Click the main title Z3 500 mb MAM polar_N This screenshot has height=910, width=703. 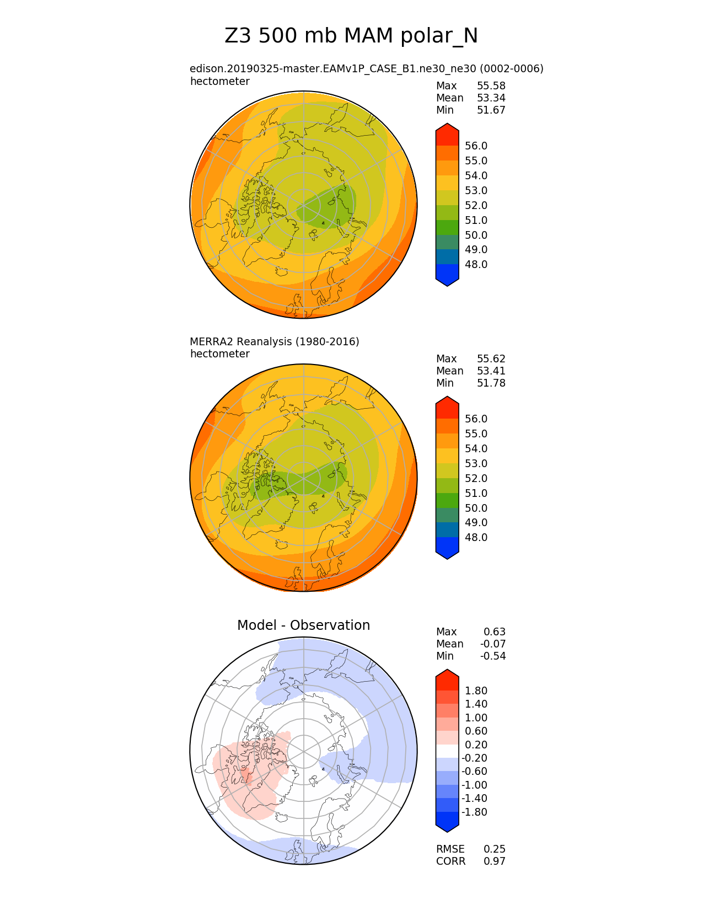[x=351, y=36]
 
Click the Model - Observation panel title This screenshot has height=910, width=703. [x=303, y=625]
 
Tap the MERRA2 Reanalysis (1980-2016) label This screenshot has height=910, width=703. [x=274, y=342]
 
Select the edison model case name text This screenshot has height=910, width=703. [x=366, y=69]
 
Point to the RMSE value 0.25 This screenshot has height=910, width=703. [x=494, y=849]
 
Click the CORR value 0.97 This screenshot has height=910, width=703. [x=494, y=861]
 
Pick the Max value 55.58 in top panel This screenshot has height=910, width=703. [x=491, y=86]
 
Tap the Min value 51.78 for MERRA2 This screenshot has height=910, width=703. [x=491, y=383]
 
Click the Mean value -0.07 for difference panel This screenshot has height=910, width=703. [x=492, y=644]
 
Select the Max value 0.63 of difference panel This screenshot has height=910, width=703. [x=494, y=632]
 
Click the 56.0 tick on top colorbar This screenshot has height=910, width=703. [x=476, y=146]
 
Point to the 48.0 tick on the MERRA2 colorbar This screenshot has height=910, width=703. [x=476, y=538]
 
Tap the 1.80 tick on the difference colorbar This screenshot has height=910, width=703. [x=476, y=691]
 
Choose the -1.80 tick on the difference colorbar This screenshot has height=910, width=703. [x=474, y=812]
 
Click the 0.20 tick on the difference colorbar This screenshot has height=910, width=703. [x=476, y=745]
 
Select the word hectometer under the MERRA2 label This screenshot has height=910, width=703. [x=219, y=354]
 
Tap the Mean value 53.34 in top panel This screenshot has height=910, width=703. [x=491, y=98]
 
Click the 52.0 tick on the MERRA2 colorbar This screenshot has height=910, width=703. [x=476, y=479]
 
